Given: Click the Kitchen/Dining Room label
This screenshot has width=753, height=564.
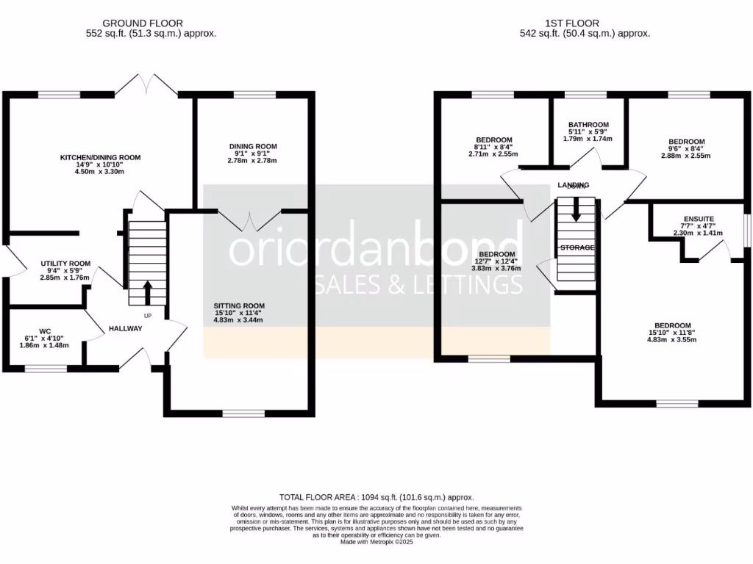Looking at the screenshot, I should tap(100, 157).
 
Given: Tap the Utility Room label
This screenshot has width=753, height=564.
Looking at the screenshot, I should tap(65, 264).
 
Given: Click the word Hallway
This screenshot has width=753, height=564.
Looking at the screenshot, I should tap(125, 328).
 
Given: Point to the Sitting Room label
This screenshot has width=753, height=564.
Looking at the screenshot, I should tap(239, 305).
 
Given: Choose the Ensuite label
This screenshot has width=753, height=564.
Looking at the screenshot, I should tap(698, 219).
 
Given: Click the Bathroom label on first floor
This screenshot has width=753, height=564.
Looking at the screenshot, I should tap(588, 125).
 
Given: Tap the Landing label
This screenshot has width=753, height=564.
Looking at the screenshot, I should tap(574, 185).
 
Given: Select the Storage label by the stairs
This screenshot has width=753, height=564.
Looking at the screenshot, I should tap(577, 248).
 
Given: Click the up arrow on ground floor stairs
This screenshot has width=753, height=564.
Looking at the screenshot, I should tap(147, 292).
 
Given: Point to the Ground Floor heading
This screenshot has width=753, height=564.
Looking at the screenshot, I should tap(143, 23).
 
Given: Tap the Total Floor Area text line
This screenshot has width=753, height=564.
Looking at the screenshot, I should tap(376, 497).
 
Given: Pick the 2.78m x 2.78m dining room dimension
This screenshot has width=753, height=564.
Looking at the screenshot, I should tap(253, 160).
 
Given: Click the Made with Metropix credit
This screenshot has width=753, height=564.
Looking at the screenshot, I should tap(376, 542).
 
